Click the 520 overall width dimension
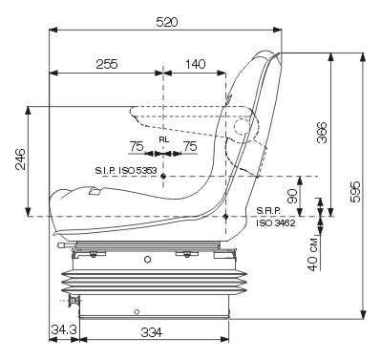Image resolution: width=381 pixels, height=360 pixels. tap(167, 22)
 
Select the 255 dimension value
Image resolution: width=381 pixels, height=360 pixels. tap(107, 64)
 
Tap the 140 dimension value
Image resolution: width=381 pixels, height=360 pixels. tap(195, 64)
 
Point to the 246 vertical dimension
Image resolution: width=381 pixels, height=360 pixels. tap(20, 159)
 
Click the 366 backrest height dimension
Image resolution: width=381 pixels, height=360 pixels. tap(322, 132)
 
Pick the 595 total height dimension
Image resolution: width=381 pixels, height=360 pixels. tap(355, 192)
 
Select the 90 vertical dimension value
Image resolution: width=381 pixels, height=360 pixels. tap(292, 196)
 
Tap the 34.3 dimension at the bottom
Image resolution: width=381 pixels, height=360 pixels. tap(64, 329)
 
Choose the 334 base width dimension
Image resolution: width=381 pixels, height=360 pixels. tap(152, 332)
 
